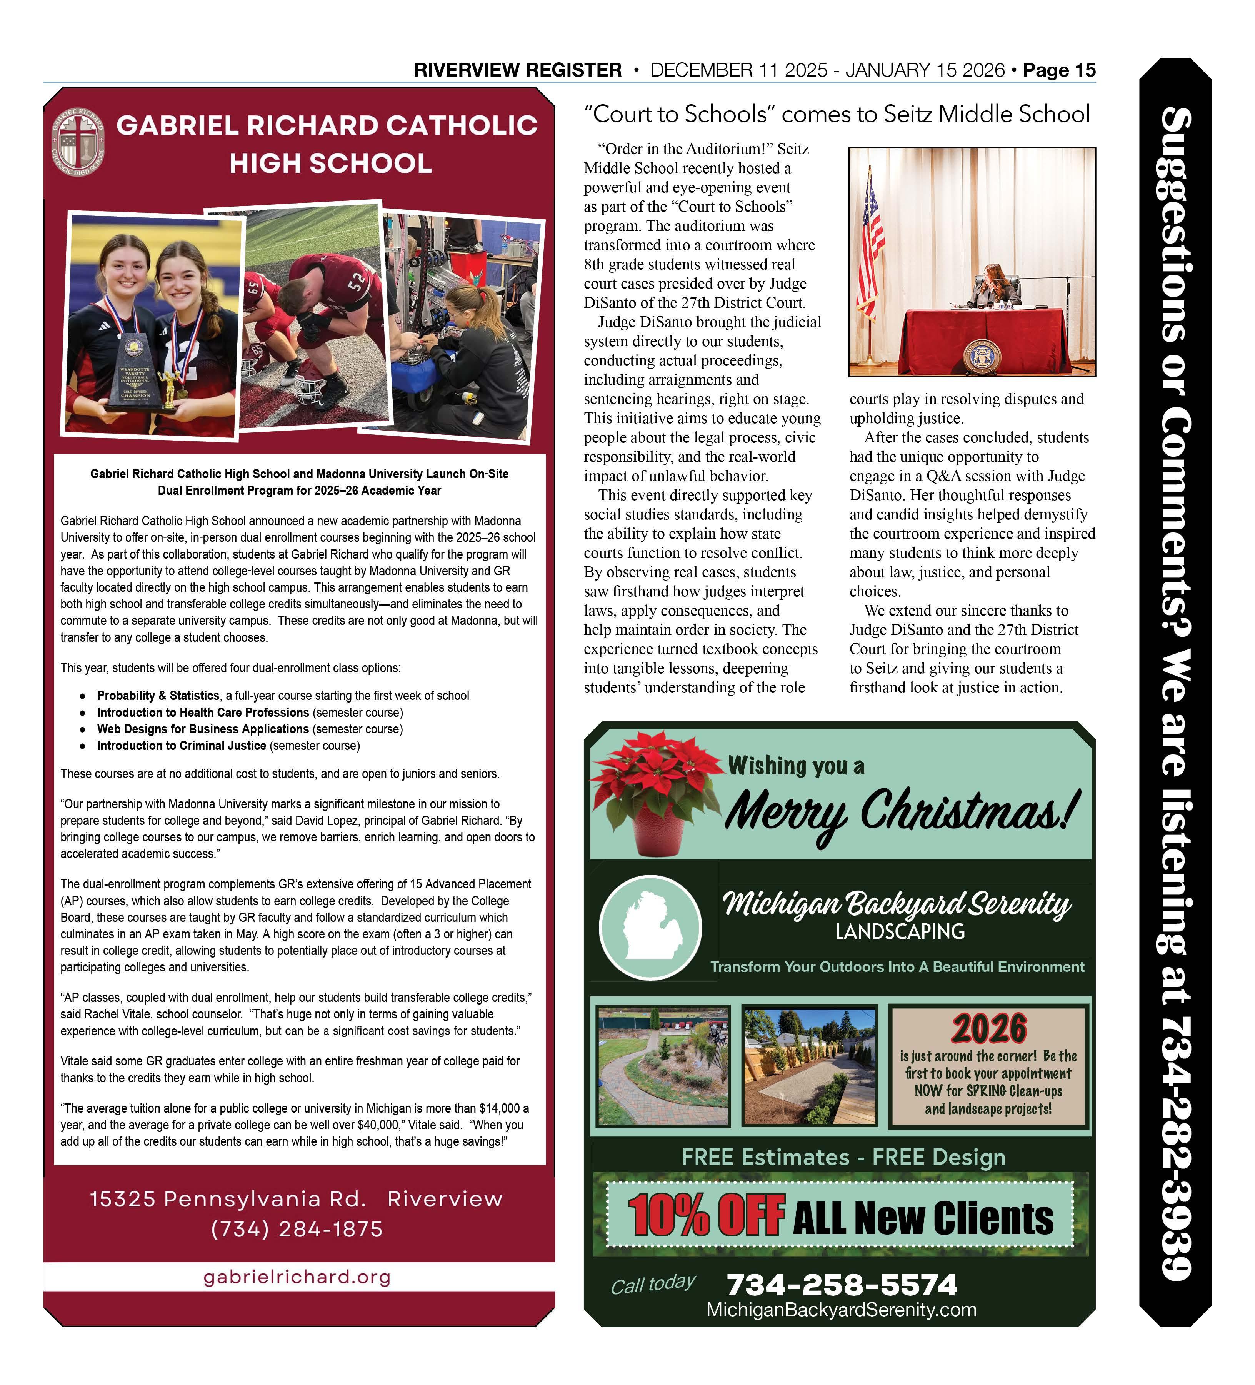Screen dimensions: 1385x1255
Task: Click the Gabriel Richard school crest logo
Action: (x=78, y=141)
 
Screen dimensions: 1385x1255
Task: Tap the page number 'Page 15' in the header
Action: (x=1058, y=70)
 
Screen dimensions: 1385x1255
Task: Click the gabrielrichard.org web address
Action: (x=297, y=1277)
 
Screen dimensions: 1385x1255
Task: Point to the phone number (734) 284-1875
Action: (x=297, y=1229)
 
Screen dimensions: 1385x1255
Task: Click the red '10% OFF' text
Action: (x=706, y=1216)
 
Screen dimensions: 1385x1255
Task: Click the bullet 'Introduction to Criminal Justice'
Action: (x=182, y=746)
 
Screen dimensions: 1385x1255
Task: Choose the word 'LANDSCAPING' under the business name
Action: (x=900, y=932)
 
